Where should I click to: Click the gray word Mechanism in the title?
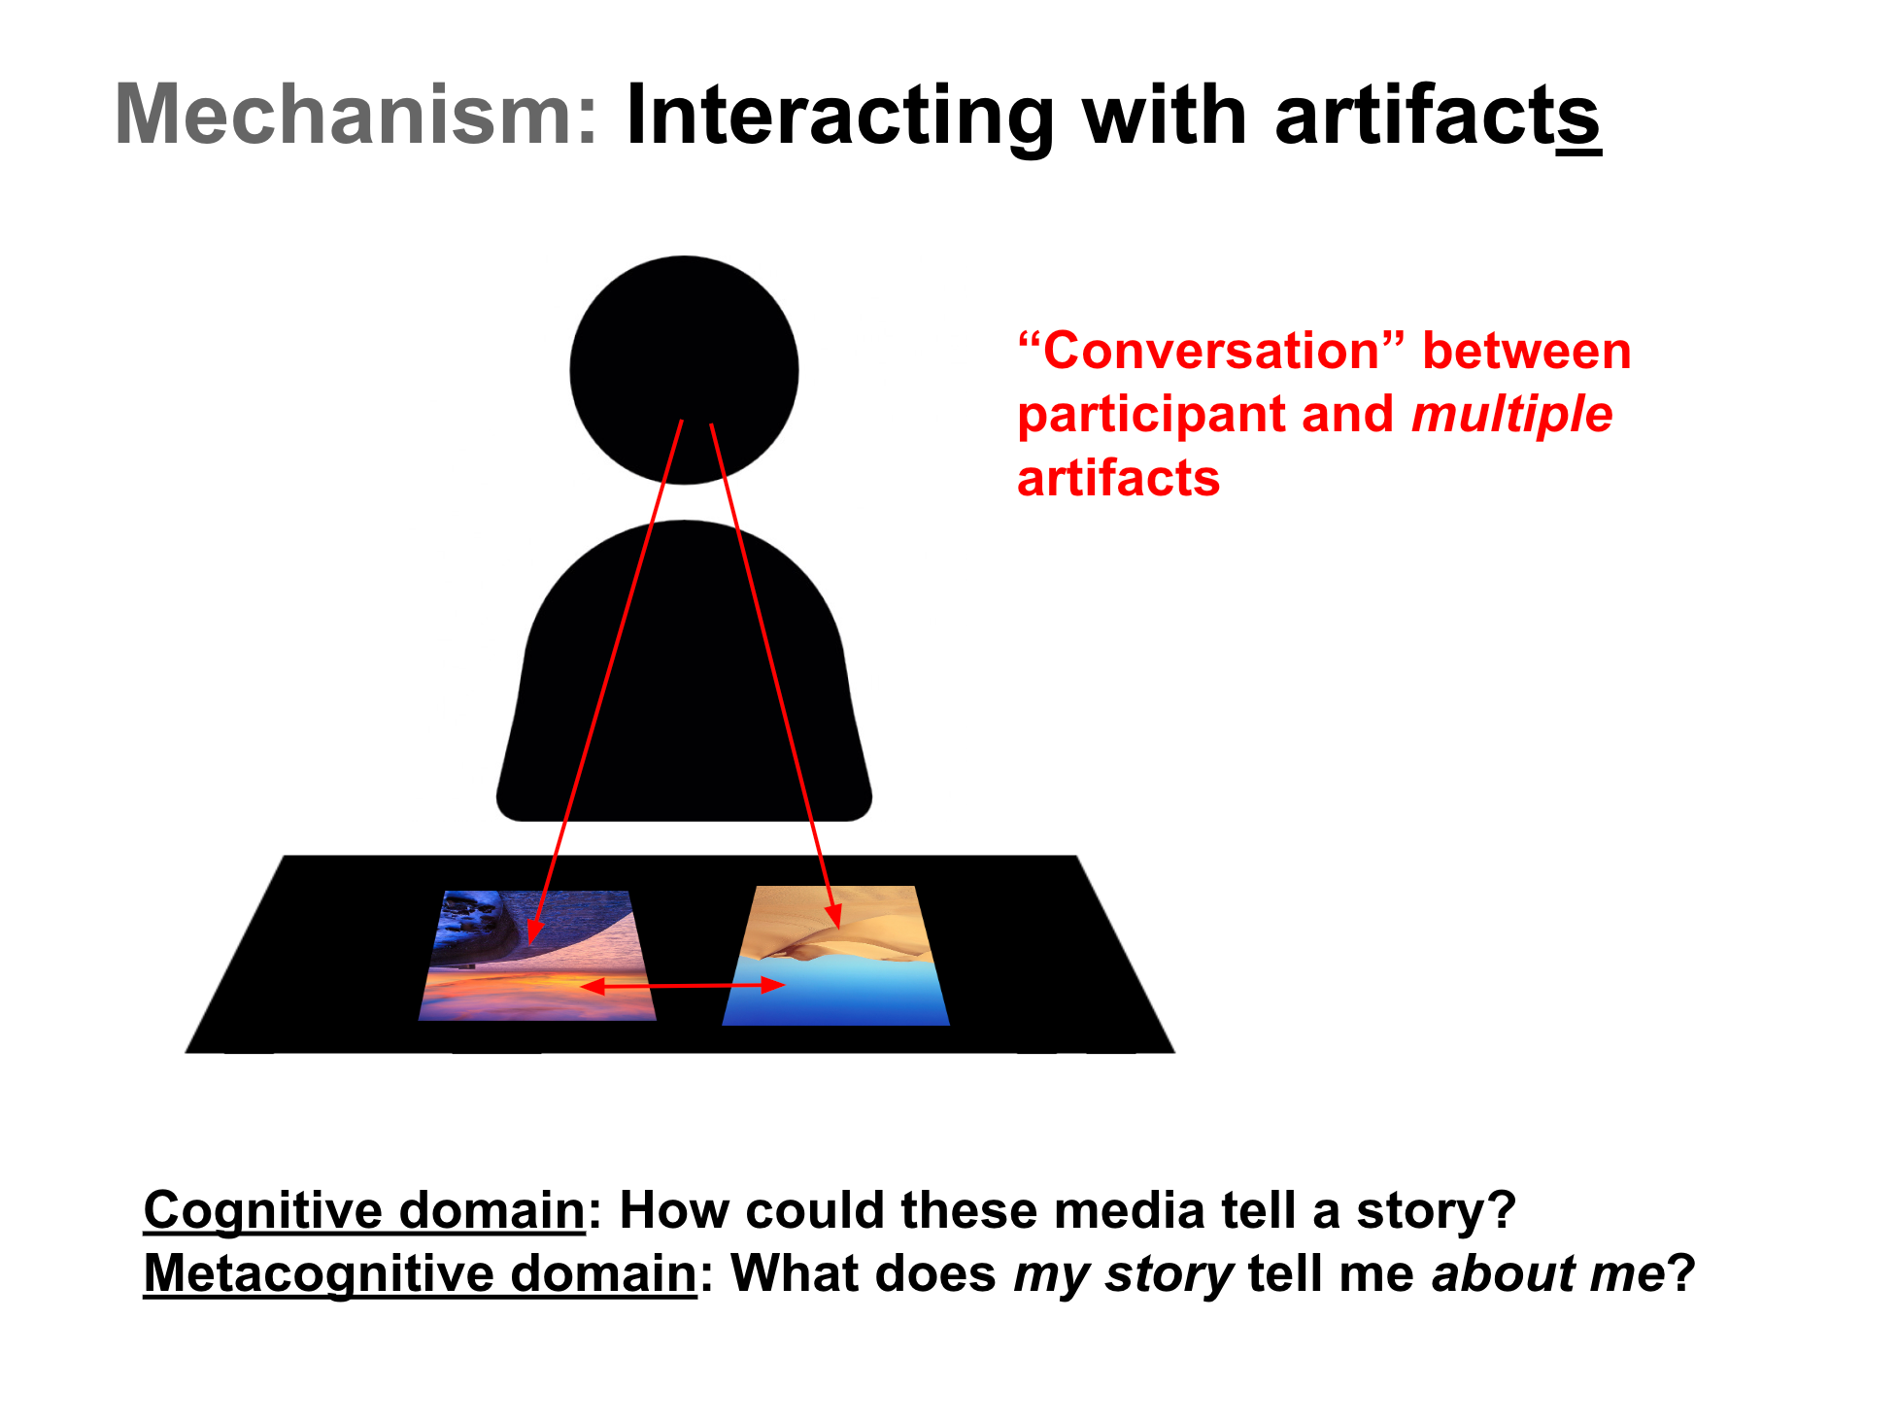pos(356,115)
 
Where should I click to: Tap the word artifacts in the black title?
pos(1437,115)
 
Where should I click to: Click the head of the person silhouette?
pos(684,369)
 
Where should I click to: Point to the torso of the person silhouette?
pos(684,680)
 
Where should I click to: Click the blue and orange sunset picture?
pos(537,957)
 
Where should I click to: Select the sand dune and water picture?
pos(835,957)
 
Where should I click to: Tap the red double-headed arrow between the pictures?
pos(683,986)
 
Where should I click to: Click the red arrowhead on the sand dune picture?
pos(833,916)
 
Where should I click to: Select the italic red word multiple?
pos(1511,415)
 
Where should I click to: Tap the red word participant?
pos(1150,415)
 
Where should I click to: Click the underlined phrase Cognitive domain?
pos(364,1210)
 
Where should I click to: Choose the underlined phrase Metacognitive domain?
pos(420,1273)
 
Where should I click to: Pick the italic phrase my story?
pos(1123,1273)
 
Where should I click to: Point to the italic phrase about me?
pos(1548,1273)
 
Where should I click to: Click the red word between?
pos(1526,351)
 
